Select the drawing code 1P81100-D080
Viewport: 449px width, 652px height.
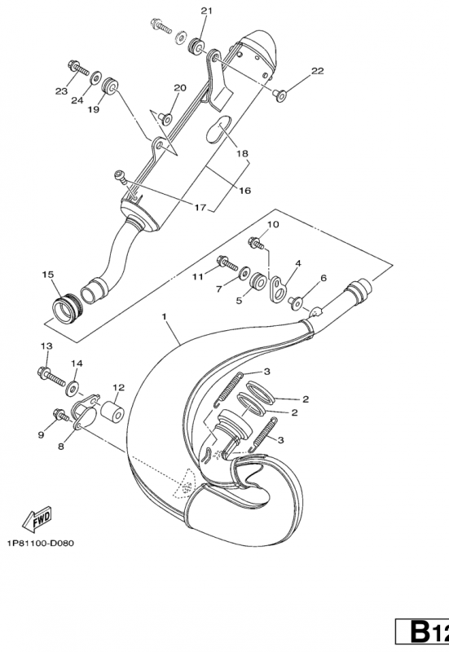pos(39,544)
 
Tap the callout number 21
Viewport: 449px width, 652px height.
pos(205,11)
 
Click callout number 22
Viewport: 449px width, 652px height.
pos(317,71)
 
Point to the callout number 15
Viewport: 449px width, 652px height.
pos(47,275)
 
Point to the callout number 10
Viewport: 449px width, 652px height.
pos(272,224)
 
